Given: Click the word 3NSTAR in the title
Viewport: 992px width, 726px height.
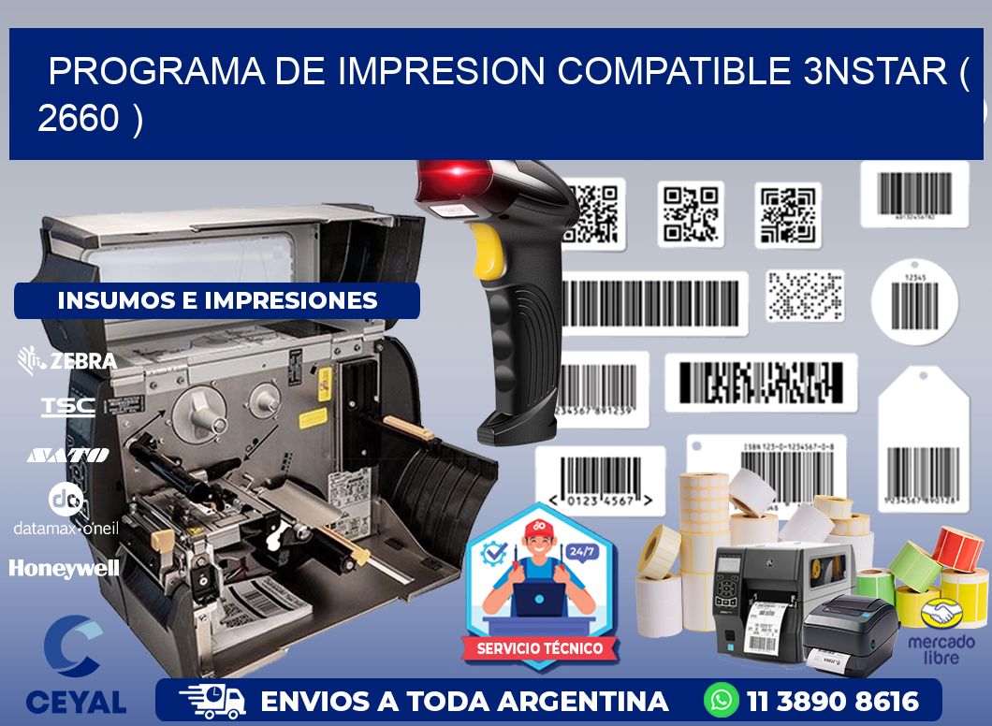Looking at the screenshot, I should point(875,72).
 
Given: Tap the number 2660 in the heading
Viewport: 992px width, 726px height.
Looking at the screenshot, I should point(79,119).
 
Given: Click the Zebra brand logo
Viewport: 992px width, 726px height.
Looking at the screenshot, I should point(67,360).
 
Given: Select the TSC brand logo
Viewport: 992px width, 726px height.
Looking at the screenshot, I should point(67,406).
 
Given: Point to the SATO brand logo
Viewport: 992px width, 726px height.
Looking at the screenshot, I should point(67,455).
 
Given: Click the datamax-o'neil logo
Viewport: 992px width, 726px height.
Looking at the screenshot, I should point(66,510).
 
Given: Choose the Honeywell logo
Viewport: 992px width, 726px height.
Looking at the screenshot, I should point(64,568).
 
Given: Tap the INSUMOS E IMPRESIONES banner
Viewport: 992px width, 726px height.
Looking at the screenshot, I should point(217,300).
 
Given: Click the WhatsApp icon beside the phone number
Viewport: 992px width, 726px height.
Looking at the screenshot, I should point(722,701).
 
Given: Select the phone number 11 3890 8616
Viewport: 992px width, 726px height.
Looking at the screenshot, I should point(833,701).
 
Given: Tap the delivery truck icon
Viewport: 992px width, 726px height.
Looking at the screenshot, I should point(212,701).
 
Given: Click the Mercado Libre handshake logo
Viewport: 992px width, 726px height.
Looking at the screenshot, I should point(941,615).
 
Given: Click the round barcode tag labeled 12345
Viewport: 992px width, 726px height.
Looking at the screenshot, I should point(913,301).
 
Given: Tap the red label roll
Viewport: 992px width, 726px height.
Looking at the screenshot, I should point(957,547).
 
